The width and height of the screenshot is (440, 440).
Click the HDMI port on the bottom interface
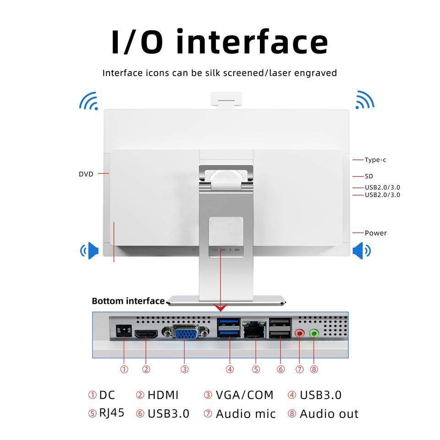tap(146, 334)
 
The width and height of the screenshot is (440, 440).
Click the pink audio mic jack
tap(300, 333)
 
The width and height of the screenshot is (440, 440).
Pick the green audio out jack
tap(314, 333)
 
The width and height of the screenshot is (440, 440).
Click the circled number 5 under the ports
tap(256, 369)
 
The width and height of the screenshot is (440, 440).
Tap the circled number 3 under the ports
tap(184, 369)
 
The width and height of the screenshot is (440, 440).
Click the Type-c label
tap(375, 160)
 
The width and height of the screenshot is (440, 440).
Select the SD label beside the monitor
tap(369, 176)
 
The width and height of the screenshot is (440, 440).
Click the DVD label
tap(86, 174)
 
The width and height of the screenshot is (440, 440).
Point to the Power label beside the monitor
tap(376, 233)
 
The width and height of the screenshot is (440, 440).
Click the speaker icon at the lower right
tap(362, 250)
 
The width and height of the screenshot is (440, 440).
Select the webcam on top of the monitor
tap(226, 99)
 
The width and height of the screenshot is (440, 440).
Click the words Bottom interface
tap(128, 301)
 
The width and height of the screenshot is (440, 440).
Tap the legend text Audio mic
tap(246, 414)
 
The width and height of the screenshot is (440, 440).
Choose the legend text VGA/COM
tap(244, 395)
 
